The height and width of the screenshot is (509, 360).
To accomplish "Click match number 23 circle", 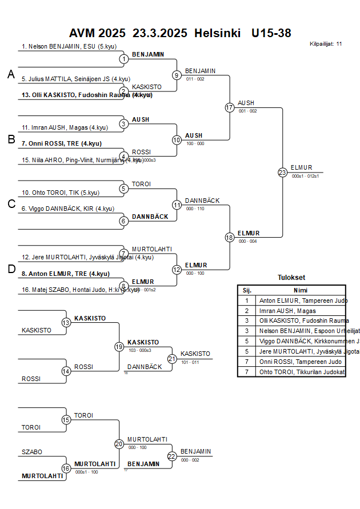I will point(282,172).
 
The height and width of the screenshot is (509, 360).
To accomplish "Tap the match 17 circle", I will point(230,107).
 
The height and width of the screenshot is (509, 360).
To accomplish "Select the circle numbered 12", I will point(177,270).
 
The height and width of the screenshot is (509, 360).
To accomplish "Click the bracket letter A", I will point(11,74).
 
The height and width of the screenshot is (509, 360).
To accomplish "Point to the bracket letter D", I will point(11,269).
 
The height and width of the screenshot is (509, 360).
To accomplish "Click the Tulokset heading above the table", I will point(291,278).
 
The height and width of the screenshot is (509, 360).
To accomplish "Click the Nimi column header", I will point(301,290).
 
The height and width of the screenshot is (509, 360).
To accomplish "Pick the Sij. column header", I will point(247,290).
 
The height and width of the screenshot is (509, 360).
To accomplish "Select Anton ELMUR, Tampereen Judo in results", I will point(303,300).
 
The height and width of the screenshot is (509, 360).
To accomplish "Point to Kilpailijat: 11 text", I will point(326,43).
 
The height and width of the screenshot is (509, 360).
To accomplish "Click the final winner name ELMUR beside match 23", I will point(301,167).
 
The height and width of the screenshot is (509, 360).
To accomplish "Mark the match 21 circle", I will point(173,359).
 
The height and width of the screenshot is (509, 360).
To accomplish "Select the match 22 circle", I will point(173,456).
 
